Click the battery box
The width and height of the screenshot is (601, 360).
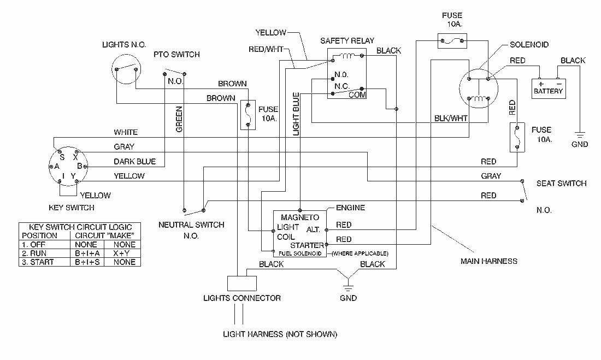click(548, 88)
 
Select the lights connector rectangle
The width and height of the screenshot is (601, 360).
click(241, 283)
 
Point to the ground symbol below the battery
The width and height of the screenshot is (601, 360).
click(579, 134)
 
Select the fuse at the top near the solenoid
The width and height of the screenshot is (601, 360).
click(451, 40)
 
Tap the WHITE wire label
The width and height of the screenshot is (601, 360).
click(126, 132)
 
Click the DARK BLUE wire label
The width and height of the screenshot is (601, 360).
click(135, 161)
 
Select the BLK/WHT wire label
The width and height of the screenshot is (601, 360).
click(451, 117)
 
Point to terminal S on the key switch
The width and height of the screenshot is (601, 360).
click(62, 157)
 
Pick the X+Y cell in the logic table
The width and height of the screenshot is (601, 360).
click(123, 253)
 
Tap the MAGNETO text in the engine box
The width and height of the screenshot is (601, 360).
click(299, 217)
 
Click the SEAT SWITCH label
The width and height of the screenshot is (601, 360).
click(561, 184)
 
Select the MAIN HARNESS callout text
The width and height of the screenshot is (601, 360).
click(488, 261)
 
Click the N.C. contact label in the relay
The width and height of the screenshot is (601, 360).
click(341, 85)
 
